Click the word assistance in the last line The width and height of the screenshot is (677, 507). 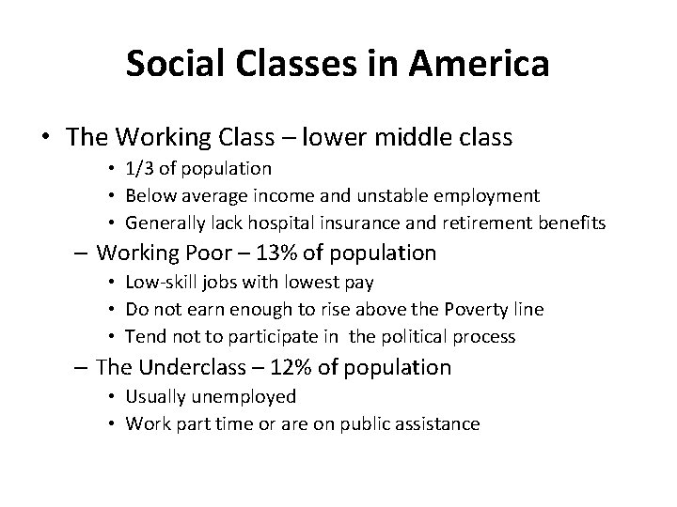[x=439, y=424]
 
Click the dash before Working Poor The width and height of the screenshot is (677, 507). [x=80, y=253]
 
